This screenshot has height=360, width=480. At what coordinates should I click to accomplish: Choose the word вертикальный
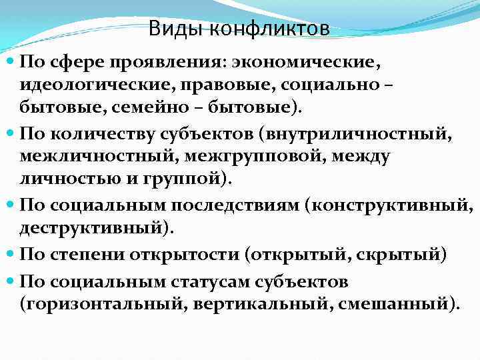pyautogui.click(x=253, y=305)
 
